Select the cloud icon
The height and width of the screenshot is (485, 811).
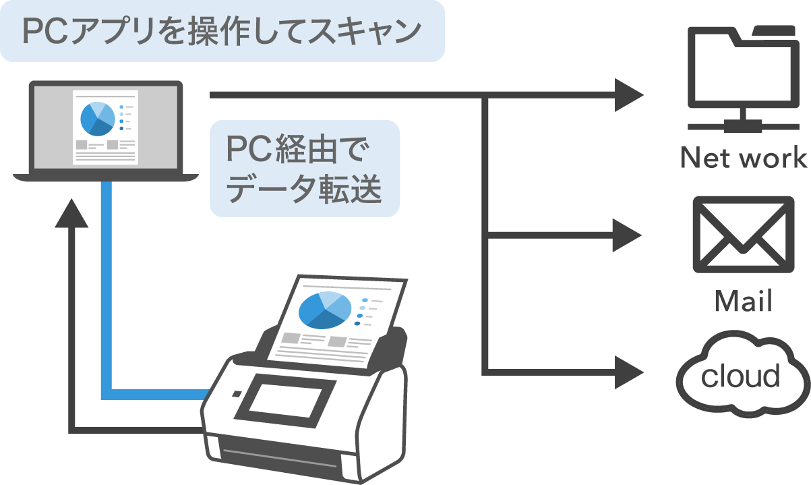click(x=742, y=374)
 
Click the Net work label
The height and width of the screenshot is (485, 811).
click(x=743, y=159)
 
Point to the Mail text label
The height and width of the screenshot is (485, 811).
click(x=743, y=301)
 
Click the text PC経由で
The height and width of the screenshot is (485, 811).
click(x=299, y=149)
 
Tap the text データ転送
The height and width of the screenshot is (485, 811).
click(x=304, y=191)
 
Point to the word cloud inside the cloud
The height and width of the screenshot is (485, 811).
click(x=740, y=376)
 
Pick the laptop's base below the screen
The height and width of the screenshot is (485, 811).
click(x=106, y=177)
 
